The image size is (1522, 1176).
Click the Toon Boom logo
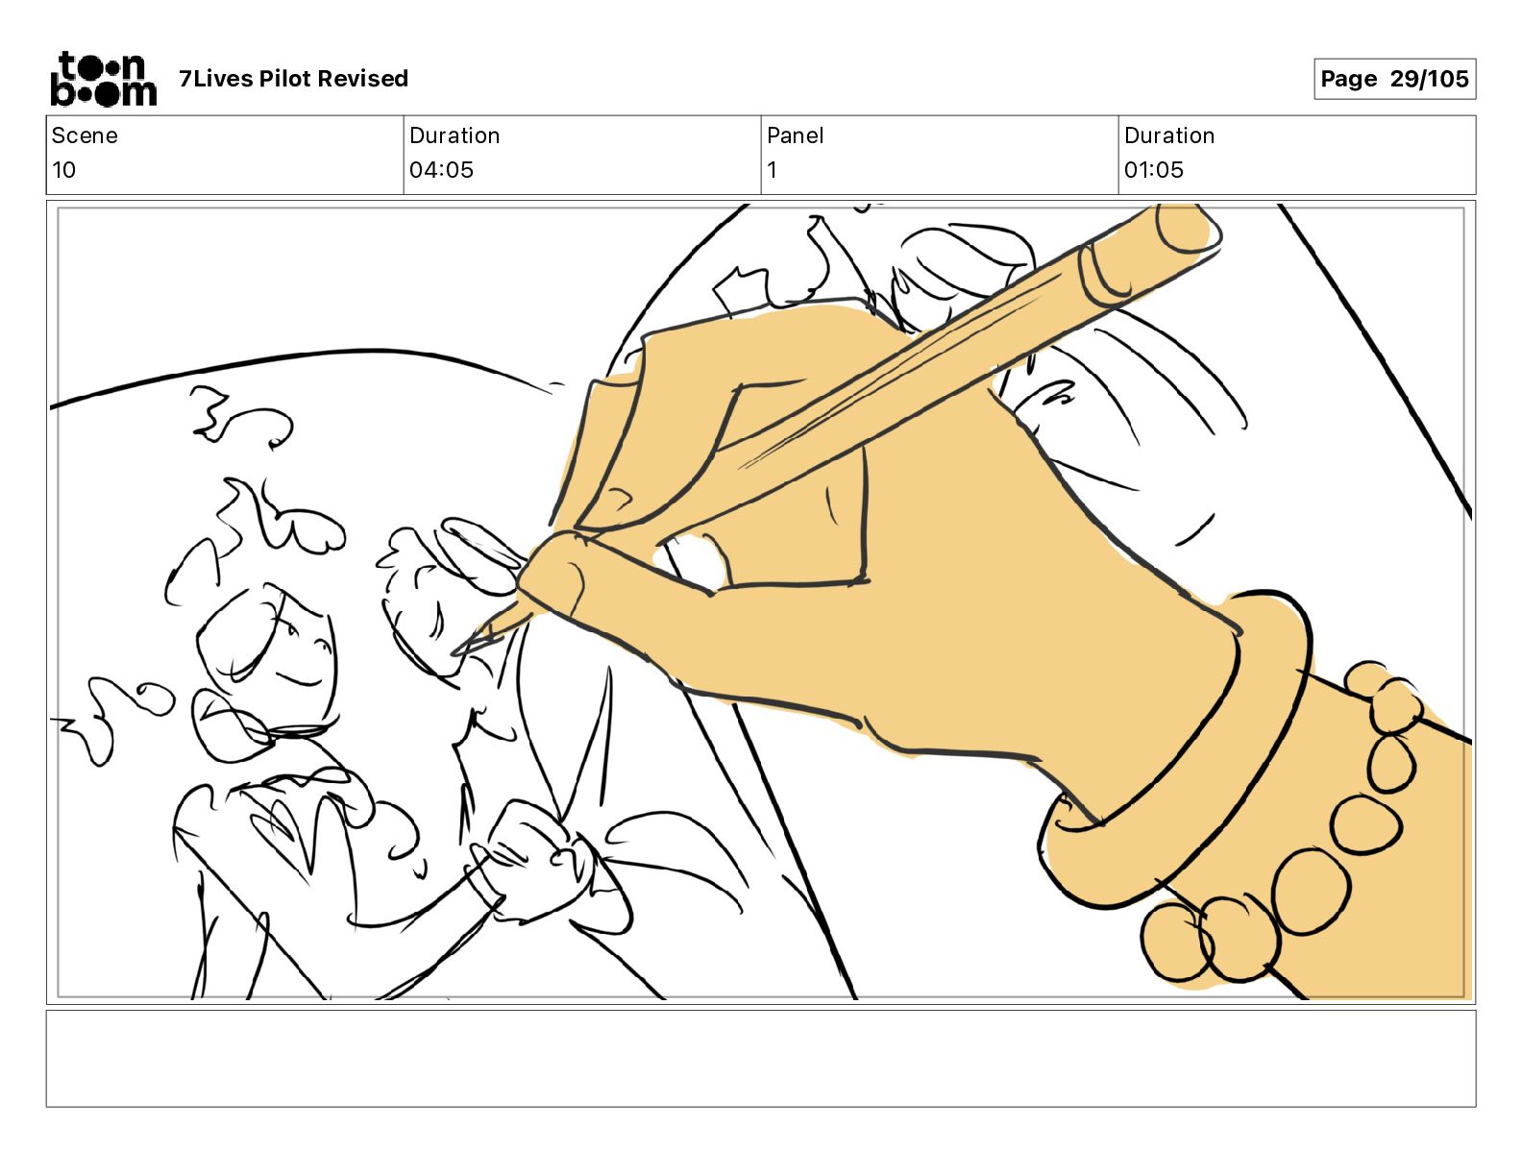pyautogui.click(x=104, y=79)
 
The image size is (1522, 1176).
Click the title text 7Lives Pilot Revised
pyautogui.click(x=293, y=79)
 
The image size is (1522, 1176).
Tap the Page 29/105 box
pyautogui.click(x=1394, y=79)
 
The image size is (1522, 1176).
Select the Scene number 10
pyautogui.click(x=63, y=169)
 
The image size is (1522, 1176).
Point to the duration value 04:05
pyautogui.click(x=441, y=169)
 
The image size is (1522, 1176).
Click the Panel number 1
pyautogui.click(x=772, y=169)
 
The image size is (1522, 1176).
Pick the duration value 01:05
pyautogui.click(x=1154, y=169)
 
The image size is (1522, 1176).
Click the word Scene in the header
pyautogui.click(x=85, y=135)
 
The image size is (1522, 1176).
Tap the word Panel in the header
pyautogui.click(x=795, y=135)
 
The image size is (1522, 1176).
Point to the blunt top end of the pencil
pyautogui.click(x=1188, y=226)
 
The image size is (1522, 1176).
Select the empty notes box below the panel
pyautogui.click(x=761, y=1059)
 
